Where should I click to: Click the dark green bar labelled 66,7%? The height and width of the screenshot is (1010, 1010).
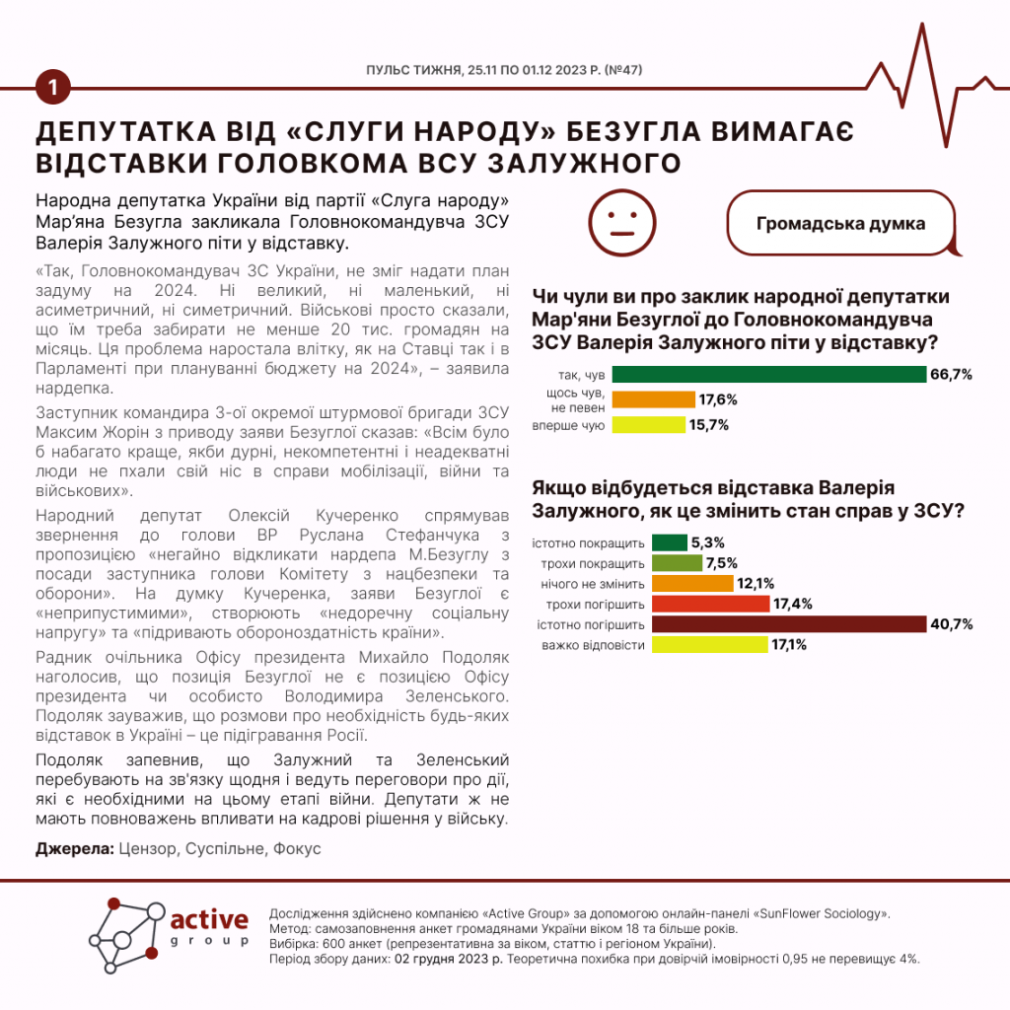click(x=769, y=375)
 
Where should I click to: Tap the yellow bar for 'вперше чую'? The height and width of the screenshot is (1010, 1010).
click(x=648, y=425)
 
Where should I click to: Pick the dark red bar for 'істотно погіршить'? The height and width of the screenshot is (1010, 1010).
click(x=789, y=624)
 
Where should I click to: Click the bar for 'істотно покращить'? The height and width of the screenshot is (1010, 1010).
click(x=670, y=542)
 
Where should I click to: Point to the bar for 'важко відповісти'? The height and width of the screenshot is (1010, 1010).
click(x=709, y=645)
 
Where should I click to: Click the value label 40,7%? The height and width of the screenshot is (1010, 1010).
click(x=953, y=624)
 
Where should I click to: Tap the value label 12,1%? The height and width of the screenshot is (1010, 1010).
click(x=756, y=584)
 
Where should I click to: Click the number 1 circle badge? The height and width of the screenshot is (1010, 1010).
click(x=52, y=88)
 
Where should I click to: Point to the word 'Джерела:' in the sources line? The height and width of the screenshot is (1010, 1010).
click(x=74, y=848)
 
